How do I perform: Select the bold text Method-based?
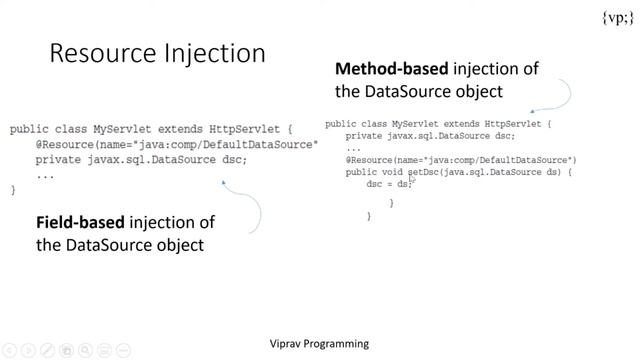pyautogui.click(x=392, y=69)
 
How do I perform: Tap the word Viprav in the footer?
pyautogui.click(x=289, y=344)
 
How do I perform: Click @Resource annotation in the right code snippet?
pyautogui.click(x=370, y=160)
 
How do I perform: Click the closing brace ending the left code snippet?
pyautogui.click(x=13, y=189)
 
